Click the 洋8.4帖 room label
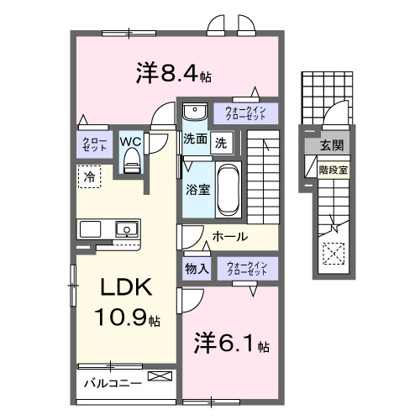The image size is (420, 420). click(x=173, y=74)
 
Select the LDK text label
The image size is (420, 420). click(x=126, y=288)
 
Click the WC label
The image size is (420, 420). click(x=130, y=141)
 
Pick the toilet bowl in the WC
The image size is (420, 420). click(x=130, y=163)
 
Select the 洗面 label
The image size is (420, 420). click(x=195, y=141)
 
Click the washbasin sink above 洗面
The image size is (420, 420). click(x=194, y=113)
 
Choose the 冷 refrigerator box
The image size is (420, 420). click(x=87, y=176)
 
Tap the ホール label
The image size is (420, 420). click(x=229, y=237)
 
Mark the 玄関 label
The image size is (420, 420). click(x=329, y=146)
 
